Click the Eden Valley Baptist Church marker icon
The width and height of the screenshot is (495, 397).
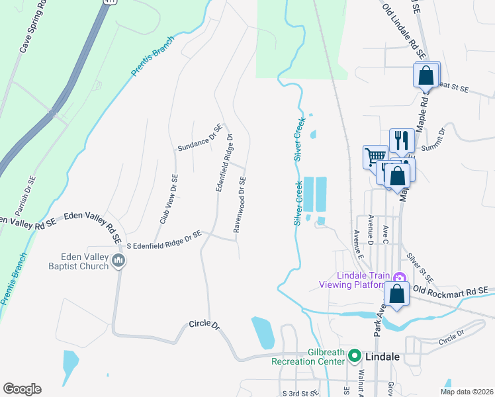pyautogui.click(x=118, y=260)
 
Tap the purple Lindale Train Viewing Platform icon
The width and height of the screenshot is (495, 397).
pyautogui.click(x=398, y=278)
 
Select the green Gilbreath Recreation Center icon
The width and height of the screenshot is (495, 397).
pyautogui.click(x=354, y=355)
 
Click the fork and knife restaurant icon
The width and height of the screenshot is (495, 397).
pyautogui.click(x=402, y=141)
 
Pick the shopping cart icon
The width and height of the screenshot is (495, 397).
pyautogui.click(x=375, y=157)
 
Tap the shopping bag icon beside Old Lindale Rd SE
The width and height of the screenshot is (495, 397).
pyautogui.click(x=426, y=75)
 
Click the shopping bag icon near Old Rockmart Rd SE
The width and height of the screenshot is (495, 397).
pyautogui.click(x=396, y=295)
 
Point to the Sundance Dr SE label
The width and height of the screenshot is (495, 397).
pyautogui.click(x=199, y=138)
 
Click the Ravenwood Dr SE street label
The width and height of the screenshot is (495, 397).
pyautogui.click(x=240, y=204)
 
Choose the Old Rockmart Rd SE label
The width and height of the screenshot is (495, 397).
pyautogui.click(x=450, y=290)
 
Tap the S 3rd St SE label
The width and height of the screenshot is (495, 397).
pyautogui.click(x=300, y=393)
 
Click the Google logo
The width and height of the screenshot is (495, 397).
pyautogui.click(x=22, y=389)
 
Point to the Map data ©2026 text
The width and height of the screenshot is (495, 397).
pyautogui.click(x=467, y=392)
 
